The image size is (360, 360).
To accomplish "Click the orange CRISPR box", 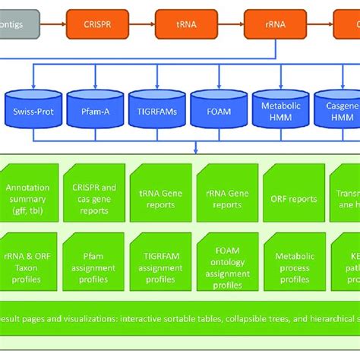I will [x=90, y=24].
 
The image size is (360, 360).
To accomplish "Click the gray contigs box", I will [x=15, y=24].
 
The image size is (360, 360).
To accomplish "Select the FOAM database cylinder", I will [x=214, y=112].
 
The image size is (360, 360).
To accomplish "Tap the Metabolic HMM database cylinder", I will [x=276, y=112].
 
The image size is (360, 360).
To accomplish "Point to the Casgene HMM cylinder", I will [x=337, y=112].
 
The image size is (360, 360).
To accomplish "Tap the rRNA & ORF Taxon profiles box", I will [x=27, y=262].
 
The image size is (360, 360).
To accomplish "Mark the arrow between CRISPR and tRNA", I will [x=134, y=24].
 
